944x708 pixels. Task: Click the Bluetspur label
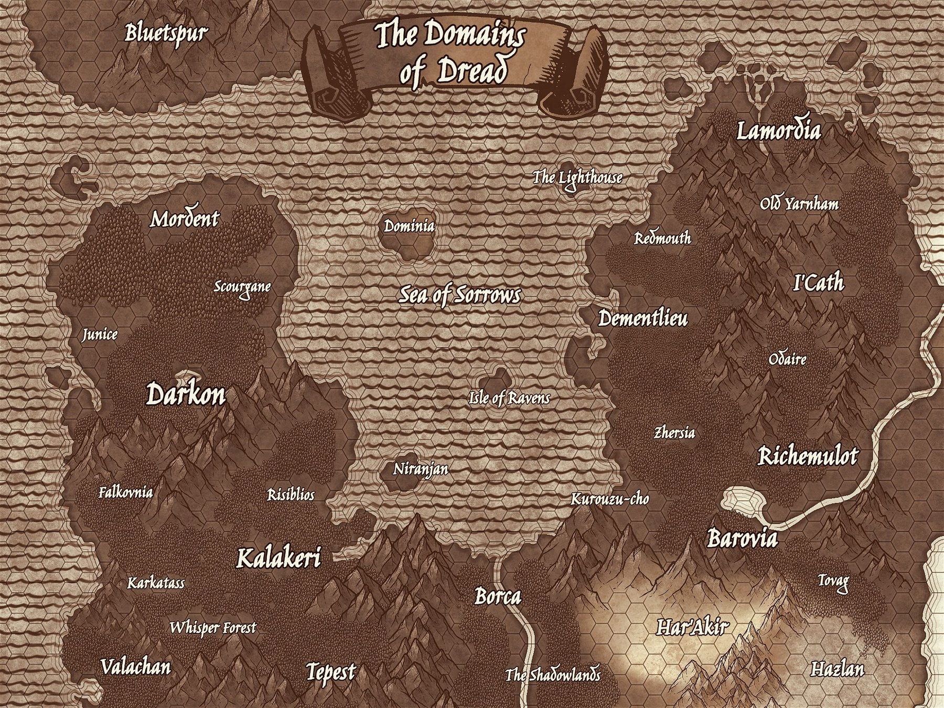166,34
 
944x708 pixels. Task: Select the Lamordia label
778,131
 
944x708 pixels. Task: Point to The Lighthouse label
577,178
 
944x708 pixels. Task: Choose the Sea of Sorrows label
459,295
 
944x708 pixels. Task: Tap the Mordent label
185,219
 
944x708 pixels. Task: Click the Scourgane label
242,287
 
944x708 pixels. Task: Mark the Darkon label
186,394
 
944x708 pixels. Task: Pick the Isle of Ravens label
509,398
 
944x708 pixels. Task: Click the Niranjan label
421,469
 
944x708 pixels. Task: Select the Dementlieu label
643,318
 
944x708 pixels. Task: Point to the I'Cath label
818,283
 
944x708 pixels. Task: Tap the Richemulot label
808,456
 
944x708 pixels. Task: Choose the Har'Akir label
693,627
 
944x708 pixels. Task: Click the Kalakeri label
278,558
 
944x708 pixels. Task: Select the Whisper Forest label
213,627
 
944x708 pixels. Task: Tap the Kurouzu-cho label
609,499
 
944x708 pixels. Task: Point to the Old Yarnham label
799,203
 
